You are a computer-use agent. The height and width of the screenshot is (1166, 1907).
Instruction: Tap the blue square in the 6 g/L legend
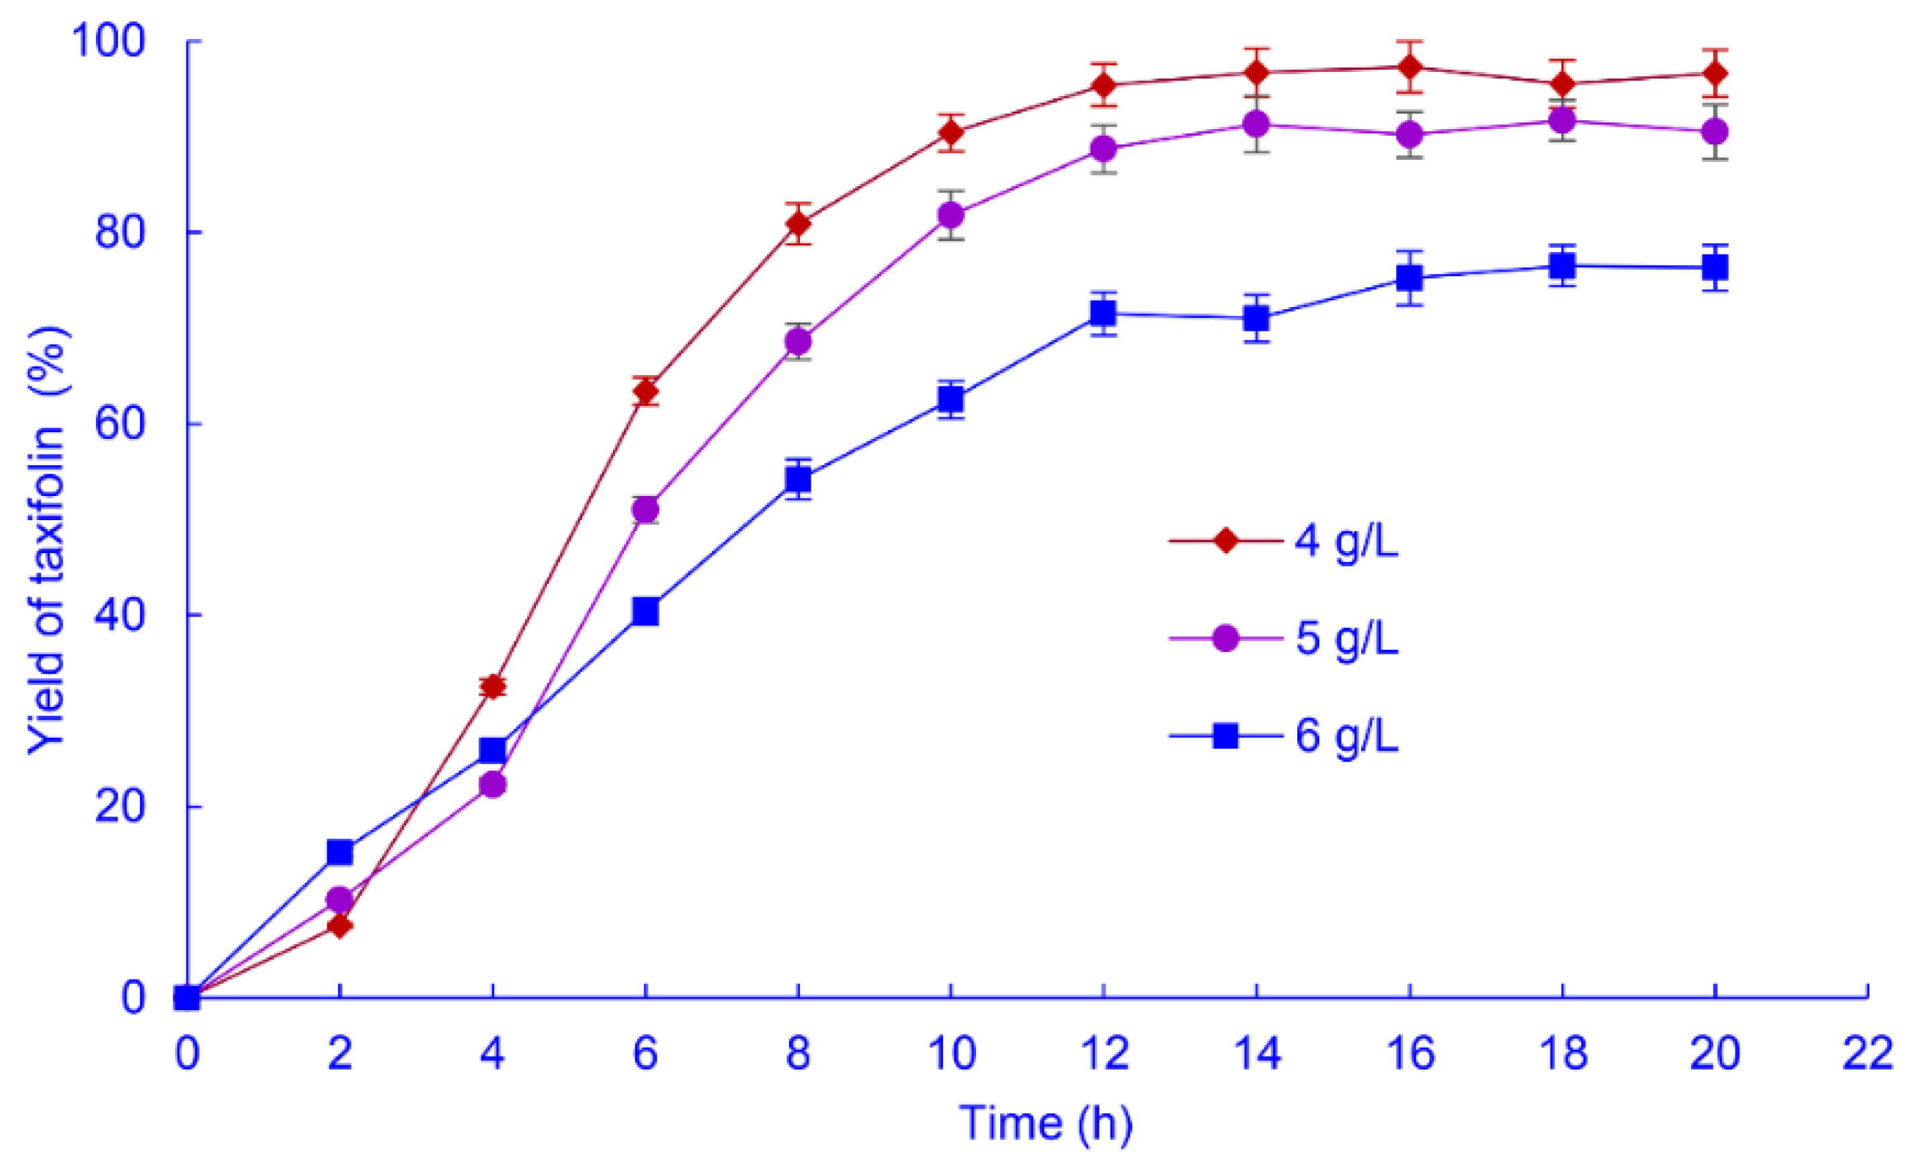point(1225,735)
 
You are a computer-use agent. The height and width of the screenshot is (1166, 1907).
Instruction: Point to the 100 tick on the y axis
point(108,40)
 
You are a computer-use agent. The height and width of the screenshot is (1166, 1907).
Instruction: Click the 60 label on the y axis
point(119,424)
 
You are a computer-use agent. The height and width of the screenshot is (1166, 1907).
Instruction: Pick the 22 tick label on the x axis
point(1867,1054)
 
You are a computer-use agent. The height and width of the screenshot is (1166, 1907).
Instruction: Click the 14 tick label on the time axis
point(1256,1054)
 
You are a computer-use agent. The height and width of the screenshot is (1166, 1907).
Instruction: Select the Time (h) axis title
point(1046,1123)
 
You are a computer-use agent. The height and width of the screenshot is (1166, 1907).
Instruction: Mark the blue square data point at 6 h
point(645,612)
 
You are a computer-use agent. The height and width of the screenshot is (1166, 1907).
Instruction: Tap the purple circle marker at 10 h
point(951,214)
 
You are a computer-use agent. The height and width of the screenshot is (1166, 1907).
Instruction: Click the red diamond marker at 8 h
point(798,224)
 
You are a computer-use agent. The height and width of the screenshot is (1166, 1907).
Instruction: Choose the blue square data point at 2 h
point(339,852)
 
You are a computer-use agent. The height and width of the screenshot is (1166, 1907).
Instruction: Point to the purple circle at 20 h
point(1715,132)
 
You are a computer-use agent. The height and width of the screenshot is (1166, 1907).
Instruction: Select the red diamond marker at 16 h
point(1410,67)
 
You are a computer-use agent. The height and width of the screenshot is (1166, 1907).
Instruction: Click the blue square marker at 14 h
point(1256,318)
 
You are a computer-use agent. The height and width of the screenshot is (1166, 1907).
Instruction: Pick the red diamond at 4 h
point(492,686)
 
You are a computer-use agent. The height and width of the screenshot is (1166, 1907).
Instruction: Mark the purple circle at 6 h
point(645,510)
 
